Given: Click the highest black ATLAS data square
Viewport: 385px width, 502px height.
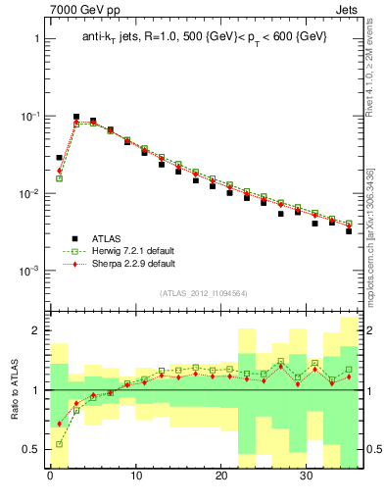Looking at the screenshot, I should [76, 117].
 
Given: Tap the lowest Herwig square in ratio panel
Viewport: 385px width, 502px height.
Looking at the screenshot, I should [59, 444].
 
